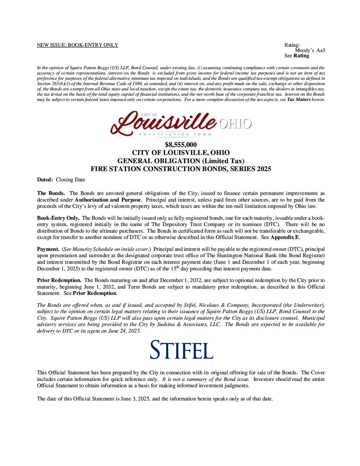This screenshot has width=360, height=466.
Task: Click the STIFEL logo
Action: pos(181,349)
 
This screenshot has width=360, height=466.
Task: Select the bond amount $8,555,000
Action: pos(181,145)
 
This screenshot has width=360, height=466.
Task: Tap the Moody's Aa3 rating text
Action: pos(310,50)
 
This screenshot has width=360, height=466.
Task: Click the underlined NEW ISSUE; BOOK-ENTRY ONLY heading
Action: pos(77,45)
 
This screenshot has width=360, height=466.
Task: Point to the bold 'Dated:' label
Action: pos(45,180)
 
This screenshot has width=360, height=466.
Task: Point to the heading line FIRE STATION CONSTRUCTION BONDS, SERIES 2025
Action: pos(181,169)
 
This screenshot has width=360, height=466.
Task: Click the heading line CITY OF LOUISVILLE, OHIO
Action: pos(181,153)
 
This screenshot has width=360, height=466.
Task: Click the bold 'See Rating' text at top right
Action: pos(296,56)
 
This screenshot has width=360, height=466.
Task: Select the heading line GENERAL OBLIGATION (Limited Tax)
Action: pos(181,161)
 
